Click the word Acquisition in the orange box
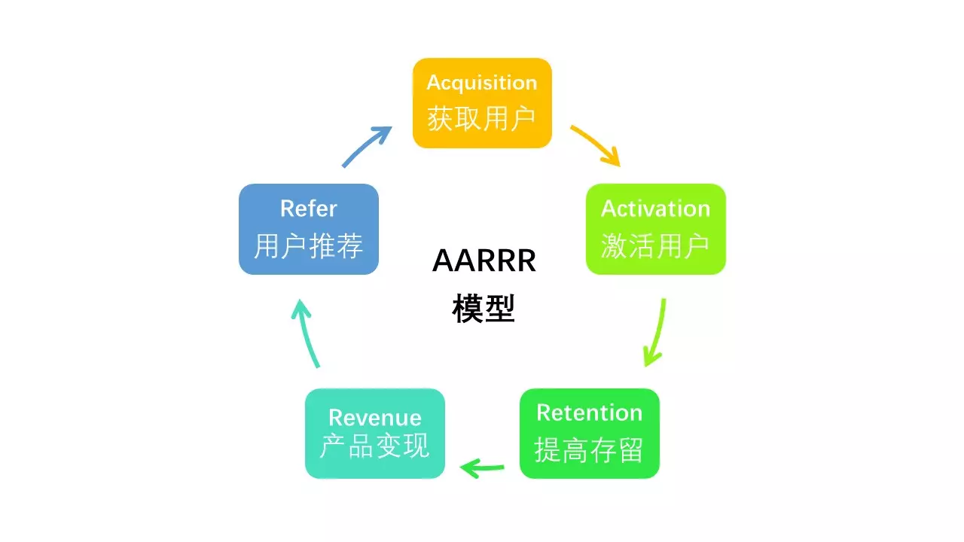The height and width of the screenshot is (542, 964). click(482, 83)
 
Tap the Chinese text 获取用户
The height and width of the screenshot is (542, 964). click(482, 118)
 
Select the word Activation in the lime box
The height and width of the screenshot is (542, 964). click(655, 209)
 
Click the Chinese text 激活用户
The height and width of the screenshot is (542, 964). click(655, 245)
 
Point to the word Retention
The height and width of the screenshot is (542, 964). click(589, 413)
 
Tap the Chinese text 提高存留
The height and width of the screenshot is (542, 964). click(589, 450)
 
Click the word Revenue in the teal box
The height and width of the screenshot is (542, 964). click(374, 418)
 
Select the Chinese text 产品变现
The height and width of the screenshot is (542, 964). click(374, 447)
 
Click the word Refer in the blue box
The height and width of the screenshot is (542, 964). click(308, 209)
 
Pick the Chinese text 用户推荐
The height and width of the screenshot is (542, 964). click(308, 245)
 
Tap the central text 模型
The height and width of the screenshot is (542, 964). click(484, 309)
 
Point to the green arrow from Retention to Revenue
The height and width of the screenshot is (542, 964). click(482, 469)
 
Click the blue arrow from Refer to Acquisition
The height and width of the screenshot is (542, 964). click(367, 146)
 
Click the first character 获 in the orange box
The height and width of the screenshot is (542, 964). click(441, 118)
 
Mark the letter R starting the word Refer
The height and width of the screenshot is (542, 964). click(287, 209)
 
